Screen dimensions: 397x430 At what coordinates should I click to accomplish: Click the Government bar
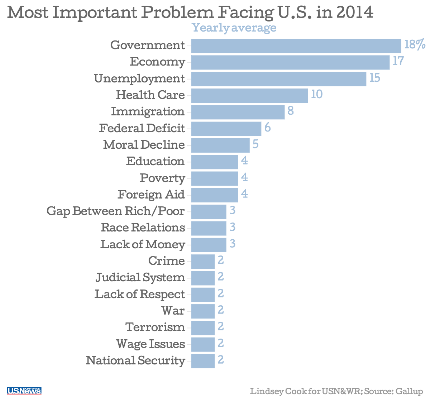[x=296, y=46]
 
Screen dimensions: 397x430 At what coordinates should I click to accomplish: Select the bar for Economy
[x=290, y=62]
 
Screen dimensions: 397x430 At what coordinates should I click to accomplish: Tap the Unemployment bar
[x=279, y=79]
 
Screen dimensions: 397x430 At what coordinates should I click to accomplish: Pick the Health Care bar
[x=249, y=95]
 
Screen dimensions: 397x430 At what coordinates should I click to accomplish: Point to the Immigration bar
[x=238, y=112]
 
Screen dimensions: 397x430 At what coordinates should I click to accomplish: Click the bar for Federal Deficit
[x=226, y=129]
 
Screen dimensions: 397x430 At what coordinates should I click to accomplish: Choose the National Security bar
[x=203, y=361]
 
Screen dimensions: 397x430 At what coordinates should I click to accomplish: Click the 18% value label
[x=415, y=44]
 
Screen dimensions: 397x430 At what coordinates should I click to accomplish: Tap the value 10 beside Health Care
[x=316, y=94]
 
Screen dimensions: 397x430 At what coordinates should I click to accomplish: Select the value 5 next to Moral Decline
[x=255, y=144]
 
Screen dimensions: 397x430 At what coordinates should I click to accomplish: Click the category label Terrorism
[x=155, y=327]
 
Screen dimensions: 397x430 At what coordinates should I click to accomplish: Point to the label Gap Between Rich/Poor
[x=116, y=211]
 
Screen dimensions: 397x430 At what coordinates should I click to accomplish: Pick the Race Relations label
[x=143, y=228]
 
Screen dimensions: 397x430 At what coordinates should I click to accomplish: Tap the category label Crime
[x=167, y=261]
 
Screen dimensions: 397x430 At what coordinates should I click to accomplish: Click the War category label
[x=173, y=310]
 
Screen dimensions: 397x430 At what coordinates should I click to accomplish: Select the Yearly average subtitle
[x=234, y=28]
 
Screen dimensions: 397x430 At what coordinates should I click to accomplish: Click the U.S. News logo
[x=24, y=391]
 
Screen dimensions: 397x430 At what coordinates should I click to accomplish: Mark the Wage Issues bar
[x=203, y=344]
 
